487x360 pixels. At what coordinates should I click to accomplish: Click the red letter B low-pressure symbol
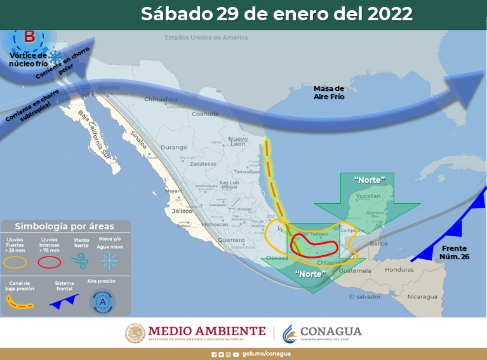tap(29, 36)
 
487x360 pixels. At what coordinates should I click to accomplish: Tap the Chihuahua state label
tap(161, 99)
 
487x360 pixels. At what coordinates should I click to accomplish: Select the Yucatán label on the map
tap(368, 197)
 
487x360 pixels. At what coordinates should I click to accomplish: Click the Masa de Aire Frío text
tap(329, 93)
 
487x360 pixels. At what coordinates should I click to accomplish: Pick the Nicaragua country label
tap(423, 297)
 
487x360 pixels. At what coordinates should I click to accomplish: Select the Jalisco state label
tap(182, 211)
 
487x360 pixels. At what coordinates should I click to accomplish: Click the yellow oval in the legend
tap(17, 261)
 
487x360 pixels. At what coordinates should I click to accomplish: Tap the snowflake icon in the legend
tap(110, 260)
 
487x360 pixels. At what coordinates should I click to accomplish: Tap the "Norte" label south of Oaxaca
tap(311, 274)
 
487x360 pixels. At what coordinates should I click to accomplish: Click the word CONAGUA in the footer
tap(330, 331)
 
